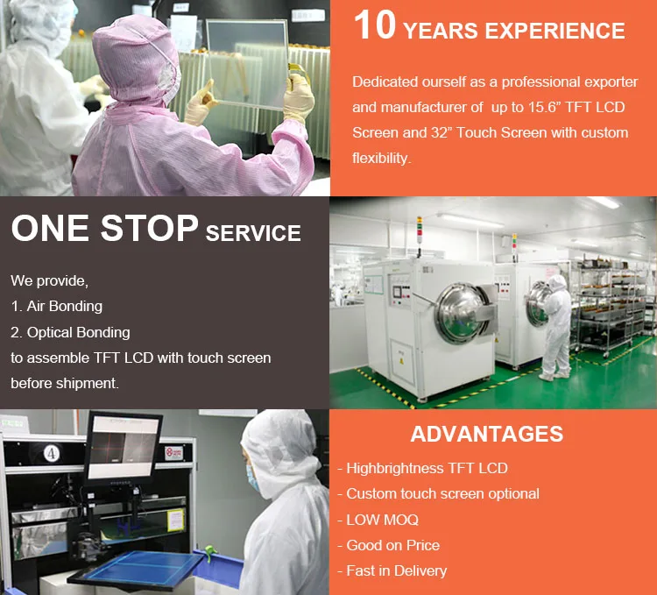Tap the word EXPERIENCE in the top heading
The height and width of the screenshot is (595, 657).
pyautogui.click(x=555, y=31)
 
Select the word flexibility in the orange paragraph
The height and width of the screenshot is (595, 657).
pyautogui.click(x=380, y=159)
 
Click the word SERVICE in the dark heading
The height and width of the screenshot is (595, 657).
pyautogui.click(x=253, y=233)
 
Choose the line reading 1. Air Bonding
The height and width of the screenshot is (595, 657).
pyautogui.click(x=57, y=307)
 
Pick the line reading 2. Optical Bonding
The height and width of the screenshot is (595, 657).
pyautogui.click(x=70, y=332)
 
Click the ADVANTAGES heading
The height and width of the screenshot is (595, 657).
pyautogui.click(x=487, y=434)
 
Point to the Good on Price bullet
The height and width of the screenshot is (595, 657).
pyautogui.click(x=392, y=545)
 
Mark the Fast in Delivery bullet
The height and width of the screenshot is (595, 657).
pyautogui.click(x=396, y=570)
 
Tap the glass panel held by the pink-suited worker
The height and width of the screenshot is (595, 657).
pyautogui.click(x=250, y=66)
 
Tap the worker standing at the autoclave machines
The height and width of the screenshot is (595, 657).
pyautogui.click(x=555, y=327)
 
